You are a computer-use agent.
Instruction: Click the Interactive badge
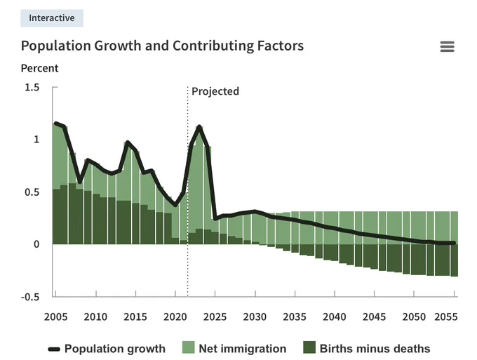pyautogui.click(x=52, y=18)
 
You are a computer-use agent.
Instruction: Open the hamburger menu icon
pyautogui.click(x=448, y=46)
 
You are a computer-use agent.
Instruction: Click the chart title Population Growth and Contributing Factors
pyautogui.click(x=162, y=46)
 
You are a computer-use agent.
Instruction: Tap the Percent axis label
pyautogui.click(x=39, y=68)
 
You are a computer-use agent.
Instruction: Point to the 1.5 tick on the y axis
pyautogui.click(x=32, y=88)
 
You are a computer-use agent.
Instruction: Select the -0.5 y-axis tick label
pyautogui.click(x=30, y=297)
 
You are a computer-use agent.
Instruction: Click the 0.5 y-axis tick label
pyautogui.click(x=32, y=192)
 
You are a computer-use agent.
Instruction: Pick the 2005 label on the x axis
pyautogui.click(x=55, y=316)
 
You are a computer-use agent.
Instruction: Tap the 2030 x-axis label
pyautogui.click(x=255, y=316)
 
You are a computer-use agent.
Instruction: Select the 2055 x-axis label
pyautogui.click(x=446, y=316)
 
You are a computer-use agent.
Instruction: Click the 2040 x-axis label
pyautogui.click(x=335, y=316)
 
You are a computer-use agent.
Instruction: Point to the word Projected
pyautogui.click(x=215, y=91)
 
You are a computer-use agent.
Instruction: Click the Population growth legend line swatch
pyautogui.click(x=54, y=349)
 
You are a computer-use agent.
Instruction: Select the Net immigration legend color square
pyautogui.click(x=188, y=347)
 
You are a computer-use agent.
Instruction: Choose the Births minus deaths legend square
pyautogui.click(x=309, y=347)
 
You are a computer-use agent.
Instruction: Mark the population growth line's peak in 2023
pyautogui.click(x=199, y=126)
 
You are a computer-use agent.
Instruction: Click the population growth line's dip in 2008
pyautogui.click(x=80, y=182)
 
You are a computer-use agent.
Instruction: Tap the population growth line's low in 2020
pyautogui.click(x=175, y=205)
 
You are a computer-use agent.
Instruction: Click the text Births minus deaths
pyautogui.click(x=375, y=349)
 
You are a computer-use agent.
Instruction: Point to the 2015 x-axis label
pyautogui.click(x=135, y=316)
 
